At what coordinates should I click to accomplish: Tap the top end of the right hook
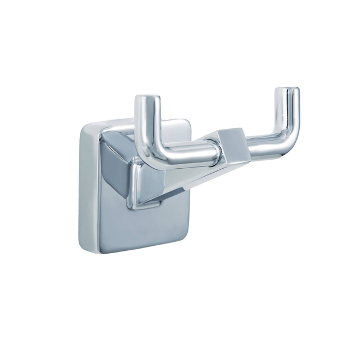pos(286,91)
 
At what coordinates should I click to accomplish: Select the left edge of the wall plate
pos(79,186)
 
